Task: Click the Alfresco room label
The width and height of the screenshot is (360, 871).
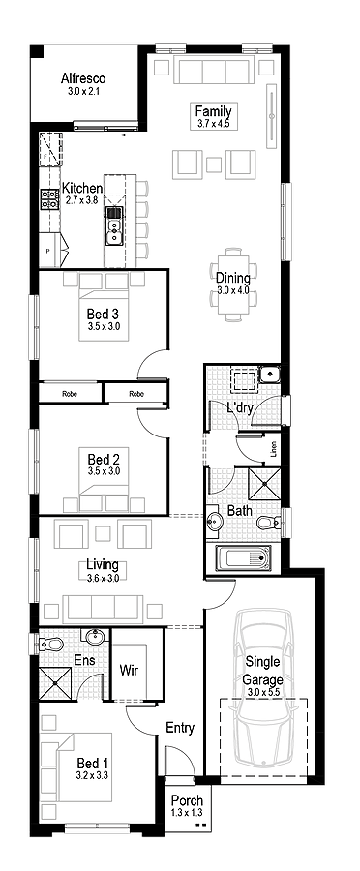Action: (x=83, y=78)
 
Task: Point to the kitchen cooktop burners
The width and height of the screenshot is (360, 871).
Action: (x=49, y=198)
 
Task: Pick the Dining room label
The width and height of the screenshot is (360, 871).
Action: (x=233, y=278)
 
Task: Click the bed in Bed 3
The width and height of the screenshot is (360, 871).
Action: (x=104, y=307)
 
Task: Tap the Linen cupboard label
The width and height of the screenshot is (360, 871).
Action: (x=273, y=449)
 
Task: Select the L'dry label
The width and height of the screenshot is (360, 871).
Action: (x=240, y=408)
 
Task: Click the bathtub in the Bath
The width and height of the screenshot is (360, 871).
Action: (x=242, y=557)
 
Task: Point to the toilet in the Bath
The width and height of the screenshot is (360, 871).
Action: (x=268, y=523)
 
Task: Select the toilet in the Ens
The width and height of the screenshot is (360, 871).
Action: (x=51, y=645)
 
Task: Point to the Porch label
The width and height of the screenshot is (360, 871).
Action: (x=187, y=801)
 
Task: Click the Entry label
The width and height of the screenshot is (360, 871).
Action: (x=181, y=728)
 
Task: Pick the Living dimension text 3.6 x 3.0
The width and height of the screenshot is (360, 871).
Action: (x=103, y=577)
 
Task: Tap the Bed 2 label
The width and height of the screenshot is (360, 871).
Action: (x=104, y=460)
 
